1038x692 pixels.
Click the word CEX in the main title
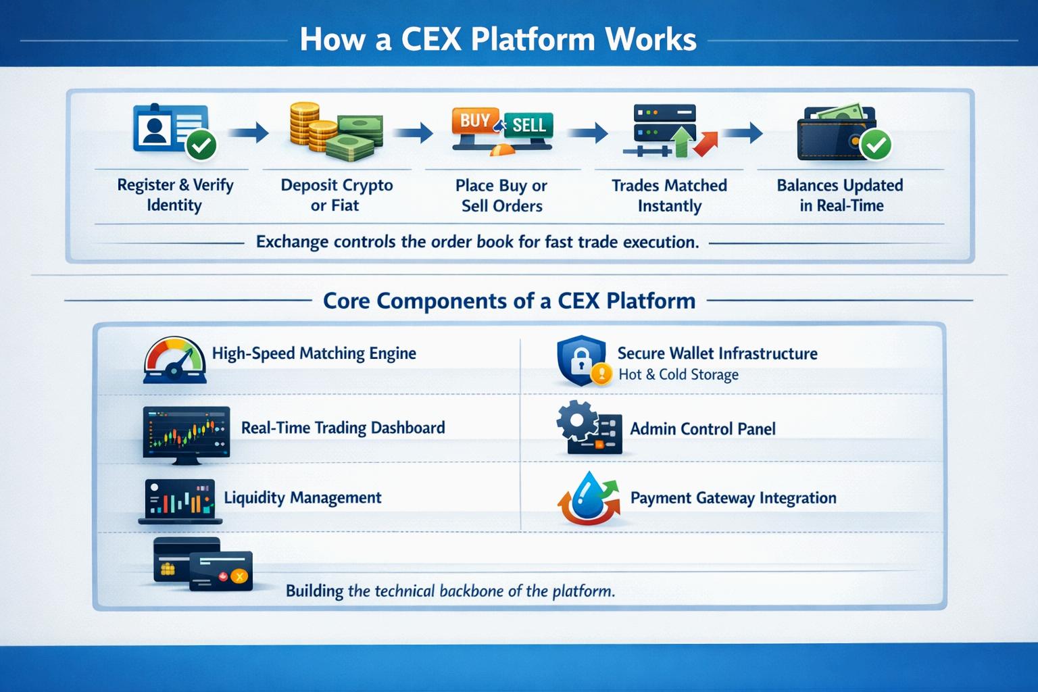click(x=430, y=39)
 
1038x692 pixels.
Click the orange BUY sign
click(x=476, y=121)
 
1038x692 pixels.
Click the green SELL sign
click(x=528, y=125)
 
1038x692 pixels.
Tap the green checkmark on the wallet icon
click(x=876, y=144)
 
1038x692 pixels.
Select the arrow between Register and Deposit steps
click(x=248, y=132)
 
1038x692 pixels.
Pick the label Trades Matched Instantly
click(x=669, y=195)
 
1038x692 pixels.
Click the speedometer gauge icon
click(x=175, y=360)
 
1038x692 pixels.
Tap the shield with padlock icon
click(x=580, y=361)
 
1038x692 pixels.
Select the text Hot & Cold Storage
click(x=678, y=374)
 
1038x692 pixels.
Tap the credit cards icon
click(x=203, y=564)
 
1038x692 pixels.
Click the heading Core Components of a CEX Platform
click(x=509, y=301)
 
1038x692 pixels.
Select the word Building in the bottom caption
click(x=314, y=591)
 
